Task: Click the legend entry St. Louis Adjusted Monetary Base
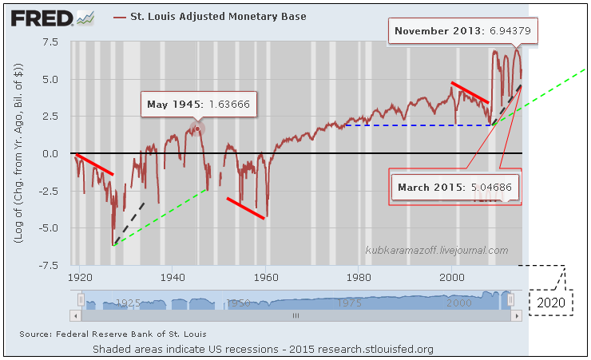pyautogui.click(x=209, y=16)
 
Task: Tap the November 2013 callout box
pyautogui.click(x=463, y=32)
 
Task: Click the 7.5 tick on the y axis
pyautogui.click(x=52, y=42)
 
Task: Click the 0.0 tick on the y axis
pyautogui.click(x=53, y=153)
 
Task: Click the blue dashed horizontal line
pyautogui.click(x=415, y=125)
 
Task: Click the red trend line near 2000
pyautogui.click(x=470, y=92)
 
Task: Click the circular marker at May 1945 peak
pyautogui.click(x=197, y=127)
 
